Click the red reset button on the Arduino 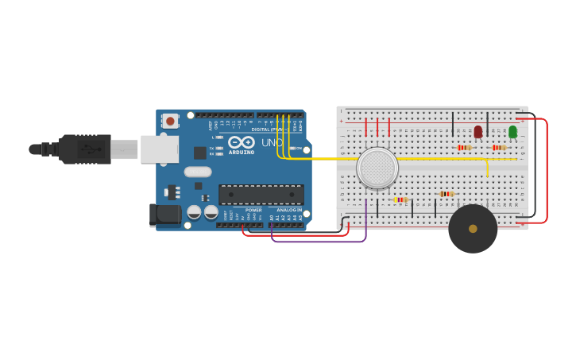[x=170, y=121]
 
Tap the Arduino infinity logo [x=241, y=142]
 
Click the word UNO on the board [x=272, y=143]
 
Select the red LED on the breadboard [x=478, y=131]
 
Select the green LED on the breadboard [x=512, y=131]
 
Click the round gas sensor [x=377, y=168]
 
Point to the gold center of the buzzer [x=473, y=229]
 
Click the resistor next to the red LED [x=465, y=147]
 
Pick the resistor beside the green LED [x=499, y=147]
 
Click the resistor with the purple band [x=400, y=199]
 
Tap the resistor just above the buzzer [x=446, y=194]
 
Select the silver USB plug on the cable [x=124, y=149]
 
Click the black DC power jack [x=165, y=214]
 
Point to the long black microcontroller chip [x=261, y=195]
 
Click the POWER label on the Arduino [x=253, y=210]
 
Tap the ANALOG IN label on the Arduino [x=289, y=210]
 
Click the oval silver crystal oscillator [x=198, y=172]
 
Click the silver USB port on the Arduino [x=159, y=149]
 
